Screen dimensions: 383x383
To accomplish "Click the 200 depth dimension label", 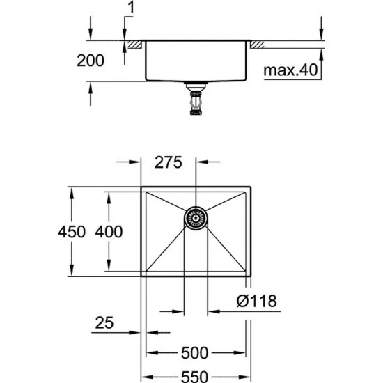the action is pos(91,61).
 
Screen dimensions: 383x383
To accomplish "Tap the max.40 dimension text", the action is pos(290,70).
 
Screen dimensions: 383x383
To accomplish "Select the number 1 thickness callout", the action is pos(131,8).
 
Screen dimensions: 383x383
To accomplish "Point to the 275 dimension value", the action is pos(169,162).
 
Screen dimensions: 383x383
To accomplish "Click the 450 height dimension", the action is pos(72,232).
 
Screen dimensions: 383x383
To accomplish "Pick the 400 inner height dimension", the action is pos(109,232).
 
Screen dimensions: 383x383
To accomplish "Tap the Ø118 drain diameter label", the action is pos(257,301).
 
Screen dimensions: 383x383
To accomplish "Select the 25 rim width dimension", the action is pos(104,322).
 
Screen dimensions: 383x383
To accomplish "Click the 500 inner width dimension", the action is pos(195,353).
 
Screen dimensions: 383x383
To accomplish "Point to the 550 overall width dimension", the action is pos(195,377).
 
